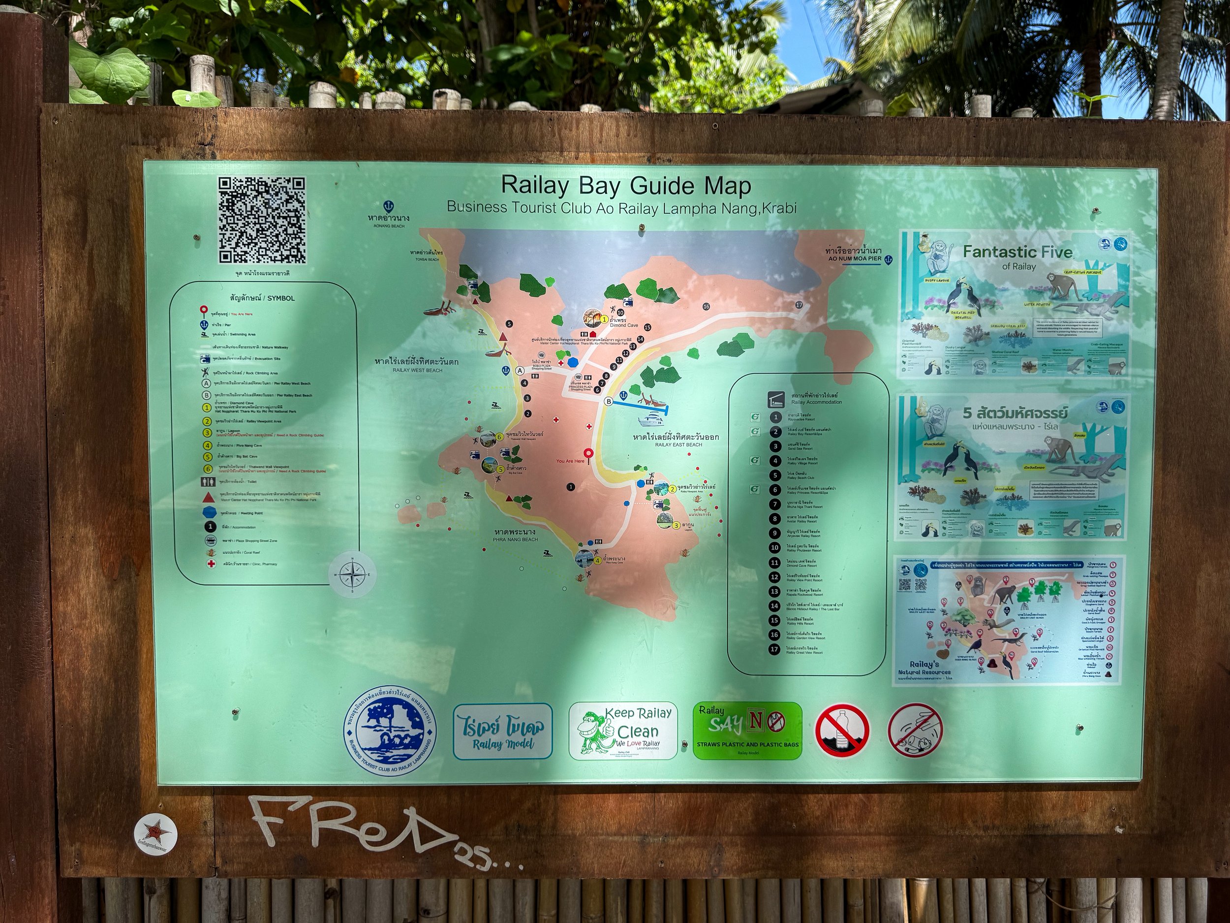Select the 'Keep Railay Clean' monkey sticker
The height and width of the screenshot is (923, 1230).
tap(623, 731)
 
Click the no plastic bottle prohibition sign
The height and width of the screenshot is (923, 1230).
tap(842, 731)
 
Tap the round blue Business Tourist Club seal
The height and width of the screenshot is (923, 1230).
tap(390, 731)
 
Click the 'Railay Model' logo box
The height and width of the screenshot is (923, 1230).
tap(503, 731)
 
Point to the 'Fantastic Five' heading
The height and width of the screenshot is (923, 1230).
tap(1017, 252)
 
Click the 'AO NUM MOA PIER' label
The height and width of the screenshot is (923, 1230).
tap(854, 259)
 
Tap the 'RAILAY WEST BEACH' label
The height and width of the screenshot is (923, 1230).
tap(417, 370)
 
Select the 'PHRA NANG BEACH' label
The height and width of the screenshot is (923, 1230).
tap(515, 539)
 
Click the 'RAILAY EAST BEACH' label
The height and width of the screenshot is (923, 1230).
tap(678, 445)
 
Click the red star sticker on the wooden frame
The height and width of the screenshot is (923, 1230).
tap(155, 834)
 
